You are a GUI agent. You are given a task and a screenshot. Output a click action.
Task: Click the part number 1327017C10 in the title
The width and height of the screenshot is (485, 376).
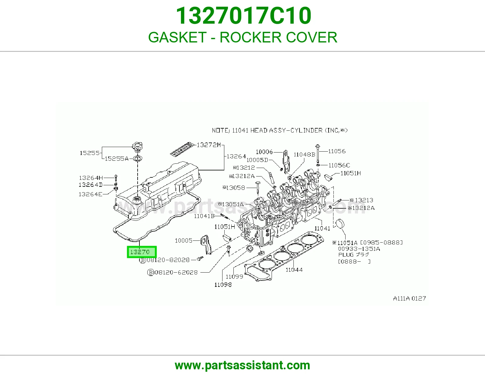tap(243, 16)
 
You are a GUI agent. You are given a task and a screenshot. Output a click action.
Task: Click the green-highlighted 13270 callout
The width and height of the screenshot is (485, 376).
tap(142, 252)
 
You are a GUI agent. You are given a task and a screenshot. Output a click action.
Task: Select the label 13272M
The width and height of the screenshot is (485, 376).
tap(209, 145)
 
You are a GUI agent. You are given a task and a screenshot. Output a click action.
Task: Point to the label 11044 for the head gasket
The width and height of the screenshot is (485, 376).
tap(294, 270)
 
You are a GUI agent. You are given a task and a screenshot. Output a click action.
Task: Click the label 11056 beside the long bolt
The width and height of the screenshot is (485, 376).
tap(337, 151)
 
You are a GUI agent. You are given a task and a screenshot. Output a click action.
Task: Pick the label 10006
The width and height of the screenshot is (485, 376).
tap(264, 152)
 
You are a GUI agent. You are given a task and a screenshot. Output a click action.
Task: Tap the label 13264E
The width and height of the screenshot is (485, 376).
tap(90, 194)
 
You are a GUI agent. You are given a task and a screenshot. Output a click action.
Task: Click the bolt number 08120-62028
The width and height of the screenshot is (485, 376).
tap(176, 272)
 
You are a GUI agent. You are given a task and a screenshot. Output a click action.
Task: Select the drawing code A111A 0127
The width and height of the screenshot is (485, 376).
tap(409, 298)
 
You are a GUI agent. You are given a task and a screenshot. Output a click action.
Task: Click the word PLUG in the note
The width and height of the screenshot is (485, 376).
tap(344, 255)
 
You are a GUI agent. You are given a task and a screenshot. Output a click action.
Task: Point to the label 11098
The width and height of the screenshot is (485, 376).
tap(223, 285)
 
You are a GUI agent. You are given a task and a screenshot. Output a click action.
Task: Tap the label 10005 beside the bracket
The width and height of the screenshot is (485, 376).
tap(183, 240)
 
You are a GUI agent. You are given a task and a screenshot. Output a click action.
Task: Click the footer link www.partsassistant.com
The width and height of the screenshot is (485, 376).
tap(242, 365)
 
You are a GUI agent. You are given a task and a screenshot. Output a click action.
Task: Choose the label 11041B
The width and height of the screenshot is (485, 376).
tap(204, 216)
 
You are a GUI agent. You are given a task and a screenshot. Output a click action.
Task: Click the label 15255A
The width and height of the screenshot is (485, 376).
tap(116, 159)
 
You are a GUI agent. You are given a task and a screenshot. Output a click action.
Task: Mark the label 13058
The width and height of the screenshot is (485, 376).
tap(234, 188)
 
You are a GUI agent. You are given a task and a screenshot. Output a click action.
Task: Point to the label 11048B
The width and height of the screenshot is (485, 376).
tap(304, 155)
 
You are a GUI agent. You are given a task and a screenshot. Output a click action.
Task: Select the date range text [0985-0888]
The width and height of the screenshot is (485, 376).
tap(381, 243)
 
